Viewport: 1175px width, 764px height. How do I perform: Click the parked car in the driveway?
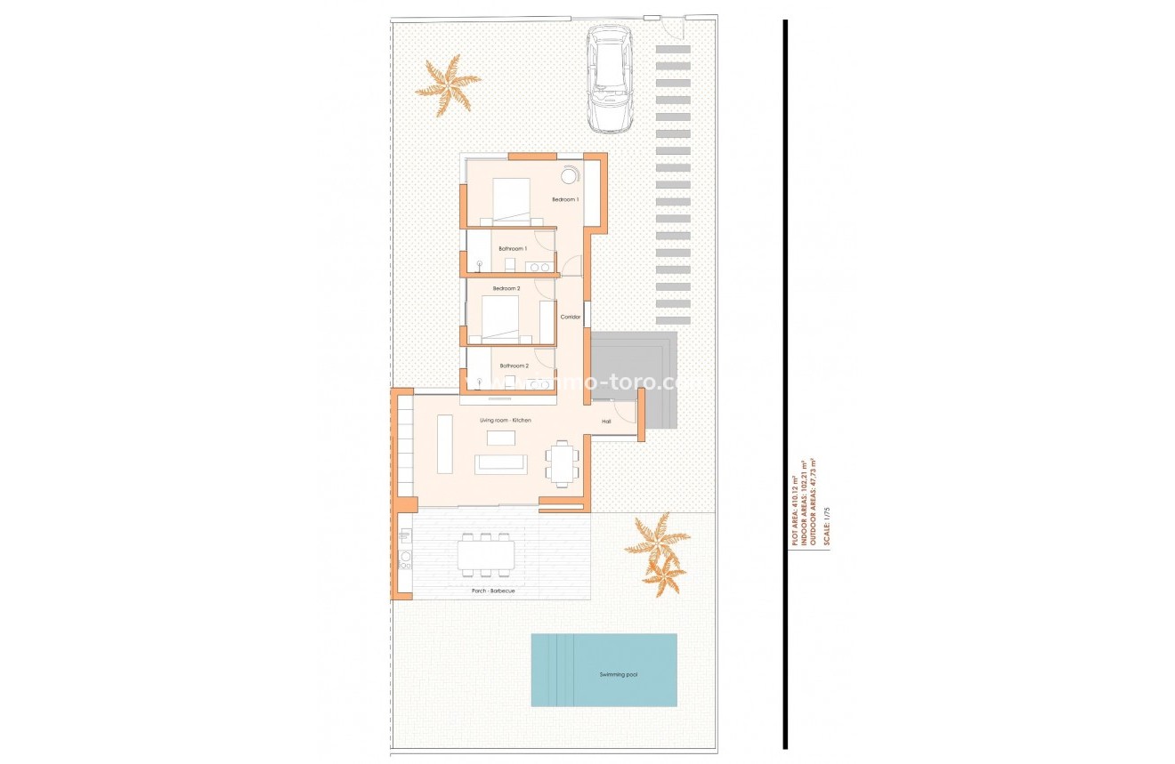click(610, 78)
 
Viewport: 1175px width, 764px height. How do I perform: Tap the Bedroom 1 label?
click(565, 199)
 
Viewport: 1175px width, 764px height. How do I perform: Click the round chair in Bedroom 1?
click(569, 174)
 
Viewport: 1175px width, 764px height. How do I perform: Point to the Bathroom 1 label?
click(513, 248)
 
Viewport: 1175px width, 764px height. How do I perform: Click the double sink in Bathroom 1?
click(539, 266)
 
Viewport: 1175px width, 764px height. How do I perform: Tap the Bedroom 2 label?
click(506, 288)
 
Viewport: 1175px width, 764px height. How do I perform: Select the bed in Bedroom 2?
click(500, 319)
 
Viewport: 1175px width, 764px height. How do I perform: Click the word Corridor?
click(570, 317)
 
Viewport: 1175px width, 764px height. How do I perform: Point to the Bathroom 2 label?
click(514, 366)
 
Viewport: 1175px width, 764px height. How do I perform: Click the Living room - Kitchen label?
click(505, 420)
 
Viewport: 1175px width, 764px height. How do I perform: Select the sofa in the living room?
click(501, 464)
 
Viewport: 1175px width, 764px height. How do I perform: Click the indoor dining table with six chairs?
click(562, 463)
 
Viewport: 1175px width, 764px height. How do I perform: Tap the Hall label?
click(606, 421)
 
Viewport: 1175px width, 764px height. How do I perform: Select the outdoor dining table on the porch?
click(485, 556)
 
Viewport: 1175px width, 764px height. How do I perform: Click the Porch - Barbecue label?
click(493, 591)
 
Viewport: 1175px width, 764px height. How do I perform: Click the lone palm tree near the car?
click(447, 84)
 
